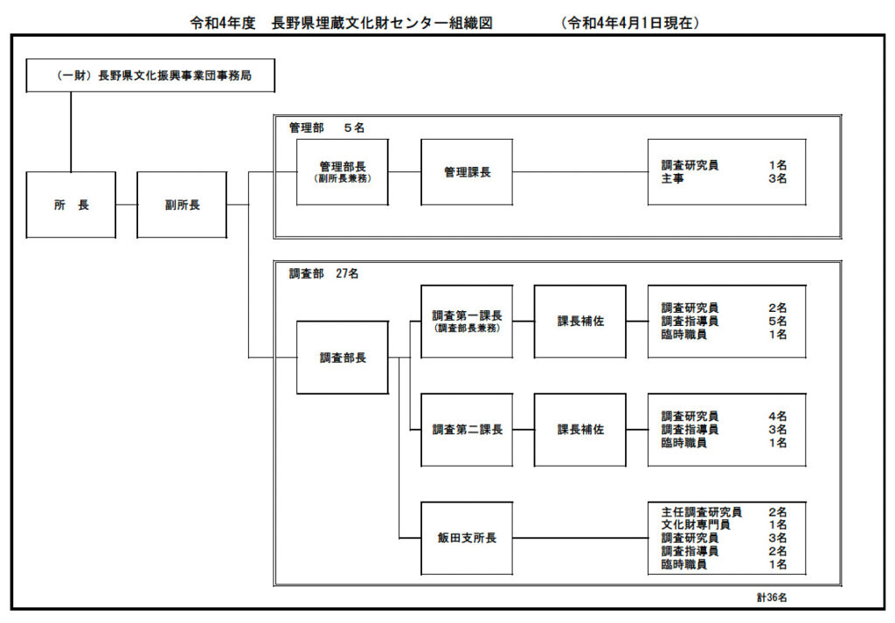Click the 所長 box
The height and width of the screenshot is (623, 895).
click(71, 204)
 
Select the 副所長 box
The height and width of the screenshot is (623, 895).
click(182, 204)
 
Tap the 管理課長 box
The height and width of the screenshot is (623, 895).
click(467, 172)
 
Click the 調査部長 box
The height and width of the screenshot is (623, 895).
click(343, 357)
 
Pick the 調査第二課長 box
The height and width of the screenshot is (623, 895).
click(467, 430)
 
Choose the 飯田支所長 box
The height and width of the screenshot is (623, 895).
click(467, 538)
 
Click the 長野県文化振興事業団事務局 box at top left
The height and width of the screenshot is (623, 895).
click(150, 75)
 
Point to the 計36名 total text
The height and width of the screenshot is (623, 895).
click(772, 598)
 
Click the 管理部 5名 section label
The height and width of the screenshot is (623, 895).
click(327, 128)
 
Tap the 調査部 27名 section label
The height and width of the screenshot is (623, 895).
click(323, 273)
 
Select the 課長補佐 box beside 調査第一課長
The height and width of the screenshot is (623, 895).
click(580, 322)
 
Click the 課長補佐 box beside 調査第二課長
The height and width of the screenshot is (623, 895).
click(580, 430)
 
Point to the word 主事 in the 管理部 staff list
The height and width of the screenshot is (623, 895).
click(672, 178)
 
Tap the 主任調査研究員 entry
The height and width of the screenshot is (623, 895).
click(701, 512)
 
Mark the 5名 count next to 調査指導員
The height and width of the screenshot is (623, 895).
click(777, 322)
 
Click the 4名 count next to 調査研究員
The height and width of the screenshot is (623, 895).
click(777, 417)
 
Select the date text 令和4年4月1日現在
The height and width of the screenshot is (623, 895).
click(630, 23)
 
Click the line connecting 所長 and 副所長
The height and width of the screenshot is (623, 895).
click(126, 204)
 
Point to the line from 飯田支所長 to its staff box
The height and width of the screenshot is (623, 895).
click(580, 538)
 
